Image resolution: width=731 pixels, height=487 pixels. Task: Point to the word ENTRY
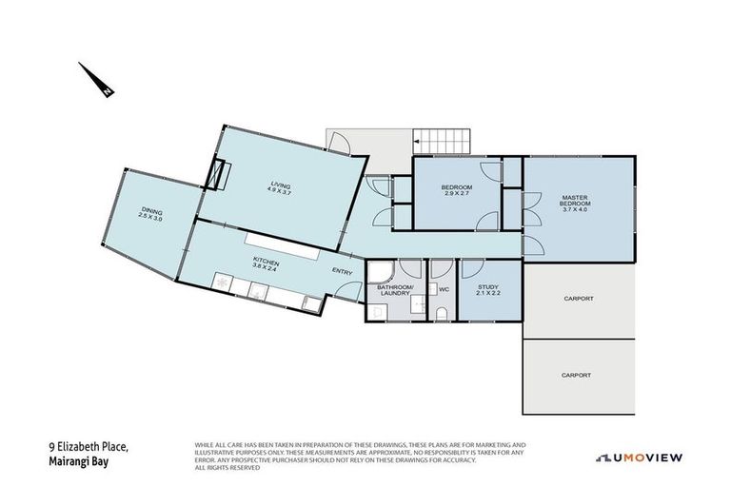point(343,272)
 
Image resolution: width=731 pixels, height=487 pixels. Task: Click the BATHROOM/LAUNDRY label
point(394,289)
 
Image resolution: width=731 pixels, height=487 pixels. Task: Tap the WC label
point(443,288)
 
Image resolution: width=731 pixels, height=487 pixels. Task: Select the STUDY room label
point(489,289)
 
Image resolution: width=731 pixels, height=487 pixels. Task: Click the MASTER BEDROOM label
point(575,203)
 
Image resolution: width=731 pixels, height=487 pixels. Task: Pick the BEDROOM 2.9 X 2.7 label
point(456,191)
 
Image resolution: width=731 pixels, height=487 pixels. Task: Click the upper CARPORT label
point(578,299)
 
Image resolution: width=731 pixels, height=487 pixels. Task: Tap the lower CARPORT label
point(578,375)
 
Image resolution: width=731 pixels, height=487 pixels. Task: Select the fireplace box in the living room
point(221,176)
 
